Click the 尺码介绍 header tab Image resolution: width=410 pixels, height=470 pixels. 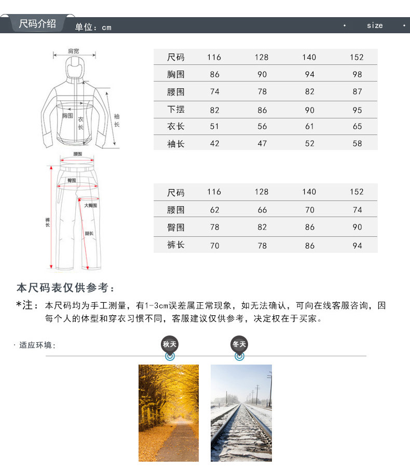pyautogui.click(x=37, y=24)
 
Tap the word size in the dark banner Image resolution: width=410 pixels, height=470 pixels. pyautogui.click(x=375, y=25)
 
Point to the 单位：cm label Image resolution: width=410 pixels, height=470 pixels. pyautogui.click(x=93, y=28)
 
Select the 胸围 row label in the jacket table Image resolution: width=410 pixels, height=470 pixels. pyautogui.click(x=176, y=74)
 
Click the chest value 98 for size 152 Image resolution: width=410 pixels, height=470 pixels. pyautogui.click(x=357, y=74)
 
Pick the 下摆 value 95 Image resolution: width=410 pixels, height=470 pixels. pyautogui.click(x=357, y=110)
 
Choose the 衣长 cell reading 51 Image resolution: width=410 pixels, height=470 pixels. pyautogui.click(x=214, y=126)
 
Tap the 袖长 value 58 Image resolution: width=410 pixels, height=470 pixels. pyautogui.click(x=357, y=143)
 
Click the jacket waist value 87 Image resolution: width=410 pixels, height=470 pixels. pyautogui.click(x=357, y=92)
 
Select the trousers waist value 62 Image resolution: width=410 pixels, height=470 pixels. pyautogui.click(x=214, y=210)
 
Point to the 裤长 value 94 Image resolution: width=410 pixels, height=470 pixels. pyautogui.click(x=357, y=246)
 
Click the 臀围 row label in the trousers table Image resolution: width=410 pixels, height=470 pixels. pyautogui.click(x=176, y=227)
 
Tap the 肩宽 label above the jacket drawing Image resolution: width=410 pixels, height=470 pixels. pyautogui.click(x=74, y=51)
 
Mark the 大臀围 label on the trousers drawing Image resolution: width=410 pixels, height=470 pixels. pyautogui.click(x=91, y=206)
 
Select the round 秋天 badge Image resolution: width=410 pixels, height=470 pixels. pyautogui.click(x=170, y=344)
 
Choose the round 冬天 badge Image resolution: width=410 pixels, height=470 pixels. pyautogui.click(x=239, y=344)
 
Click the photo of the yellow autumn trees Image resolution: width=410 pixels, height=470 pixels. pyautogui.click(x=169, y=413)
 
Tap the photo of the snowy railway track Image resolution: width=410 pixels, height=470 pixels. pyautogui.click(x=241, y=413)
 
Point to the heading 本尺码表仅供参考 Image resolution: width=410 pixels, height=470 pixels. pyautogui.click(x=65, y=288)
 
